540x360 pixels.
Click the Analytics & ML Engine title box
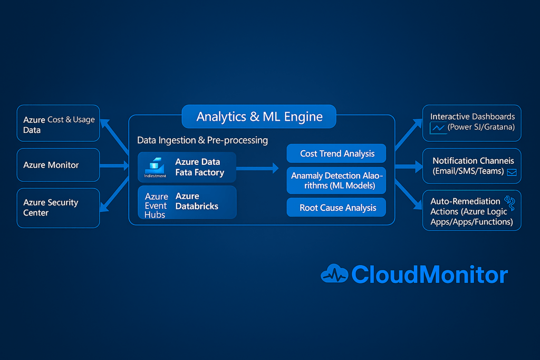[x=259, y=116]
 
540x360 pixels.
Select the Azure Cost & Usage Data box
[x=58, y=123]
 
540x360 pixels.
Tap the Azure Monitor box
[x=58, y=165]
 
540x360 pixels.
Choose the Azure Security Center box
[x=58, y=208]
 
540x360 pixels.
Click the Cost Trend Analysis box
[x=336, y=153]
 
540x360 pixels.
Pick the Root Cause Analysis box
[x=336, y=207]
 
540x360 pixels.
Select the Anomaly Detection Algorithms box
[x=336, y=180]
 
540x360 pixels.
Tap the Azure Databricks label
[x=197, y=201]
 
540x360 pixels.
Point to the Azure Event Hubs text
[x=156, y=205]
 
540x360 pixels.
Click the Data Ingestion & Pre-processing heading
[x=202, y=140]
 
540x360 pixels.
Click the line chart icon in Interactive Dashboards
[x=438, y=128]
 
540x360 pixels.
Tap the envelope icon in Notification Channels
[x=511, y=172]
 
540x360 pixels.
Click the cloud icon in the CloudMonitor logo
[x=334, y=274]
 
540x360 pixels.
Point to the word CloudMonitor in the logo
[x=429, y=275]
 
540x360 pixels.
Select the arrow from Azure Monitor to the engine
[x=114, y=166]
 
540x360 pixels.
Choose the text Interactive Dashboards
[x=472, y=116]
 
